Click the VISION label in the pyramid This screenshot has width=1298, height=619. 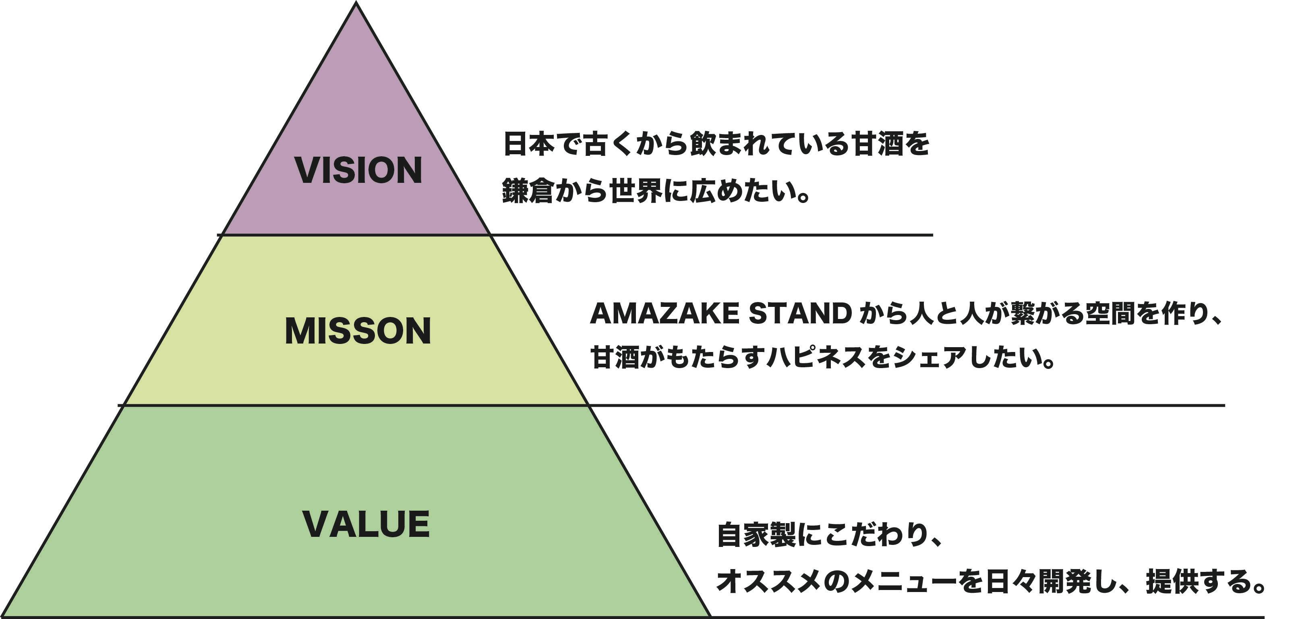pos(358,170)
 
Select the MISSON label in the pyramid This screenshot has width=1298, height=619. pos(358,331)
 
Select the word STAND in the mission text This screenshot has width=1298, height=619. pos(800,314)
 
